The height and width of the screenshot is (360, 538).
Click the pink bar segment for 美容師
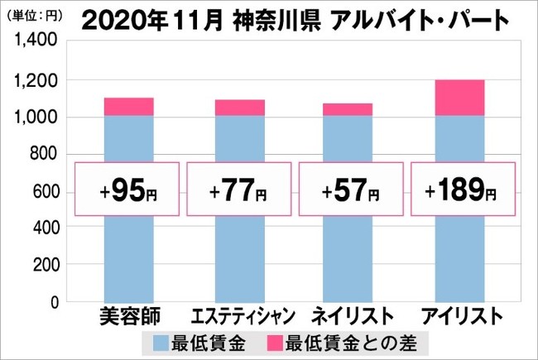pos(128,106)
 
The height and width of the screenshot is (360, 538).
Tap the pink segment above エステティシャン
pos(240,108)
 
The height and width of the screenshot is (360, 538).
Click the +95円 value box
pos(128,192)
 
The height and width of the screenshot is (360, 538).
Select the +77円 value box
pos(240,192)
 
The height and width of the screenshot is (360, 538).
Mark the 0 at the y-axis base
pos(52,303)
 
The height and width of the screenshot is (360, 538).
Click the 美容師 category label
pos(128,316)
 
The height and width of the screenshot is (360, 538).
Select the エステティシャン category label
pos(240,316)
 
